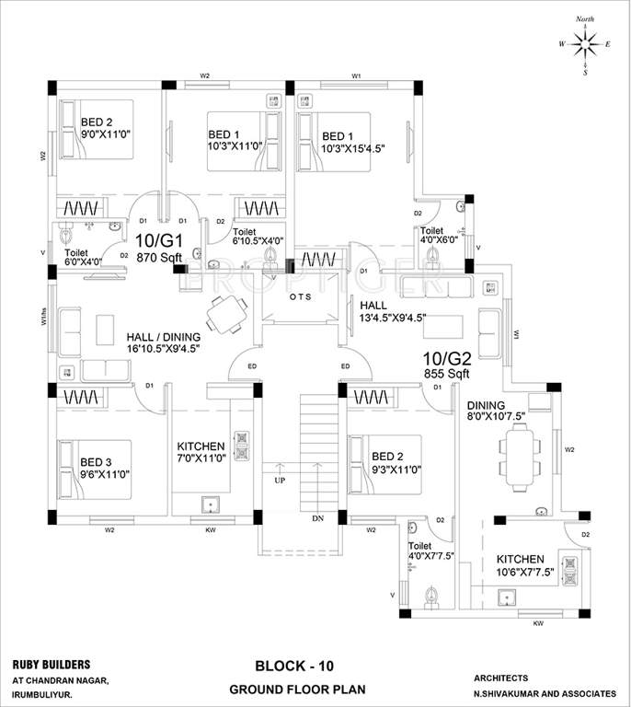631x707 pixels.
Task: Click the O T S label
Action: coord(302,296)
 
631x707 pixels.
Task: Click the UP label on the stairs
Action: coord(279,480)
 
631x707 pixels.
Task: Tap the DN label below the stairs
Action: coord(318,519)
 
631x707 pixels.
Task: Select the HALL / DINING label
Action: coord(164,338)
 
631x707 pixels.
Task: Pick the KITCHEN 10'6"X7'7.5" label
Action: coord(525,564)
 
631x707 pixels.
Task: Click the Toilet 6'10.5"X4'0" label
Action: coord(258,237)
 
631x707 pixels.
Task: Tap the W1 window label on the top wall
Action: coord(356,75)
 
